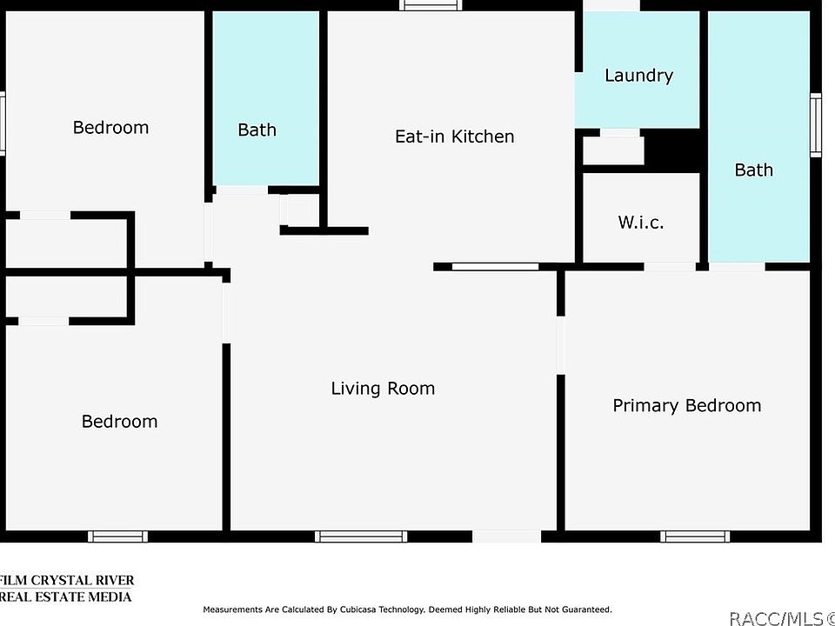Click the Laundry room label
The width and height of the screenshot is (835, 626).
tap(638, 76)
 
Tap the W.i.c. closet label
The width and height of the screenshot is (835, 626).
tap(641, 222)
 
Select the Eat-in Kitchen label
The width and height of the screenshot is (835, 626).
tap(454, 137)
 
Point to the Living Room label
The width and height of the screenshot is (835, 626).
tap(383, 388)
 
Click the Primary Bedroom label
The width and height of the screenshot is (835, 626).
tap(686, 406)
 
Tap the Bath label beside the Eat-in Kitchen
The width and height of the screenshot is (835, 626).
tap(257, 130)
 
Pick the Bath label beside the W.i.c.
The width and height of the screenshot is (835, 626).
tap(753, 170)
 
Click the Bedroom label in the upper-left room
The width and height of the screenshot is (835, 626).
tap(110, 128)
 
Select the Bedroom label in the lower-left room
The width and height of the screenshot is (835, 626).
tap(119, 422)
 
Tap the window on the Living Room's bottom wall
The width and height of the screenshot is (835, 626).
tap(360, 536)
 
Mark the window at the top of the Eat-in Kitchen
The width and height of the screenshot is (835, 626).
tap(431, 5)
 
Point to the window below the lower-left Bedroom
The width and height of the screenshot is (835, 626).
tap(117, 536)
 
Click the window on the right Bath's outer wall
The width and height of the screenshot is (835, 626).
tap(816, 125)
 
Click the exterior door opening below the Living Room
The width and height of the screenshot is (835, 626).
tap(506, 536)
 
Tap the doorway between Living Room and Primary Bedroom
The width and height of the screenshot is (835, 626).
tap(560, 345)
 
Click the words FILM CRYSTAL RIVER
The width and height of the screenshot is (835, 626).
tap(67, 580)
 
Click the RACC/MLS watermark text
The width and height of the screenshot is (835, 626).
tap(782, 618)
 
